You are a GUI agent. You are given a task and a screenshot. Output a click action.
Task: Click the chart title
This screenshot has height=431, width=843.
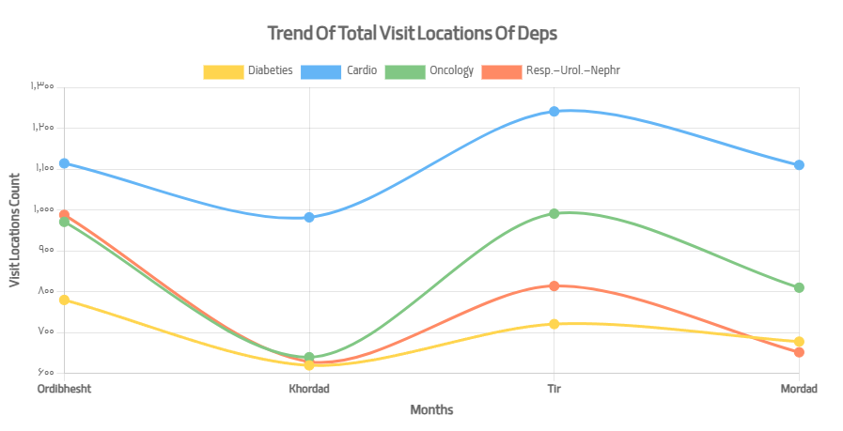[x=413, y=34]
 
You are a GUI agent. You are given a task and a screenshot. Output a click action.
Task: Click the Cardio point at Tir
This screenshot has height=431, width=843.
[x=554, y=111]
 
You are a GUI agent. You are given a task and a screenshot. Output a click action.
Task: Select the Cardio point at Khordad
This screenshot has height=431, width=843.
[x=309, y=217]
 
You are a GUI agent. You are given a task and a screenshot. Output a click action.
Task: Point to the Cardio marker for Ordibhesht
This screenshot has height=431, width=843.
[x=64, y=163]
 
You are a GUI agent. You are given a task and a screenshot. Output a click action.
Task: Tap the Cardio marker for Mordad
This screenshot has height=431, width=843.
[x=799, y=165]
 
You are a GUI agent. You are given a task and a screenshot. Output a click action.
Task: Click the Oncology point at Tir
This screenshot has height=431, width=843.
[x=554, y=213]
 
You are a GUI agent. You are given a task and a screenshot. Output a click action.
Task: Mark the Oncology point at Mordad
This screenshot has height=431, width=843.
[x=799, y=287]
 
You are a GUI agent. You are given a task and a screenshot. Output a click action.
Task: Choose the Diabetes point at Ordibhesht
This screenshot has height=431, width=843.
[x=64, y=300]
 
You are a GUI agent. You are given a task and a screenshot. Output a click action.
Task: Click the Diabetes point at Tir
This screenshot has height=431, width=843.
[x=554, y=324]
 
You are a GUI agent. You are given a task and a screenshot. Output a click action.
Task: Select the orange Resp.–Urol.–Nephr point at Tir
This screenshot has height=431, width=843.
[x=554, y=285]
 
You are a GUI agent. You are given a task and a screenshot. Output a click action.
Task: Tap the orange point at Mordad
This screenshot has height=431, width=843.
[x=799, y=352]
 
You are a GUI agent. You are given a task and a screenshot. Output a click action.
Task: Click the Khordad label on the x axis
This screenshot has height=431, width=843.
[x=309, y=389]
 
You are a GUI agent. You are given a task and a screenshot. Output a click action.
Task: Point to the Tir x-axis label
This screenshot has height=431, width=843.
[x=554, y=389]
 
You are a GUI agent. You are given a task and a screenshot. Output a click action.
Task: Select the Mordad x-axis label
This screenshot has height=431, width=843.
[x=799, y=389]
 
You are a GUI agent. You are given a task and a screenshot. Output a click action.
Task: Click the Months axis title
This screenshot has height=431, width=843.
[x=431, y=410]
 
